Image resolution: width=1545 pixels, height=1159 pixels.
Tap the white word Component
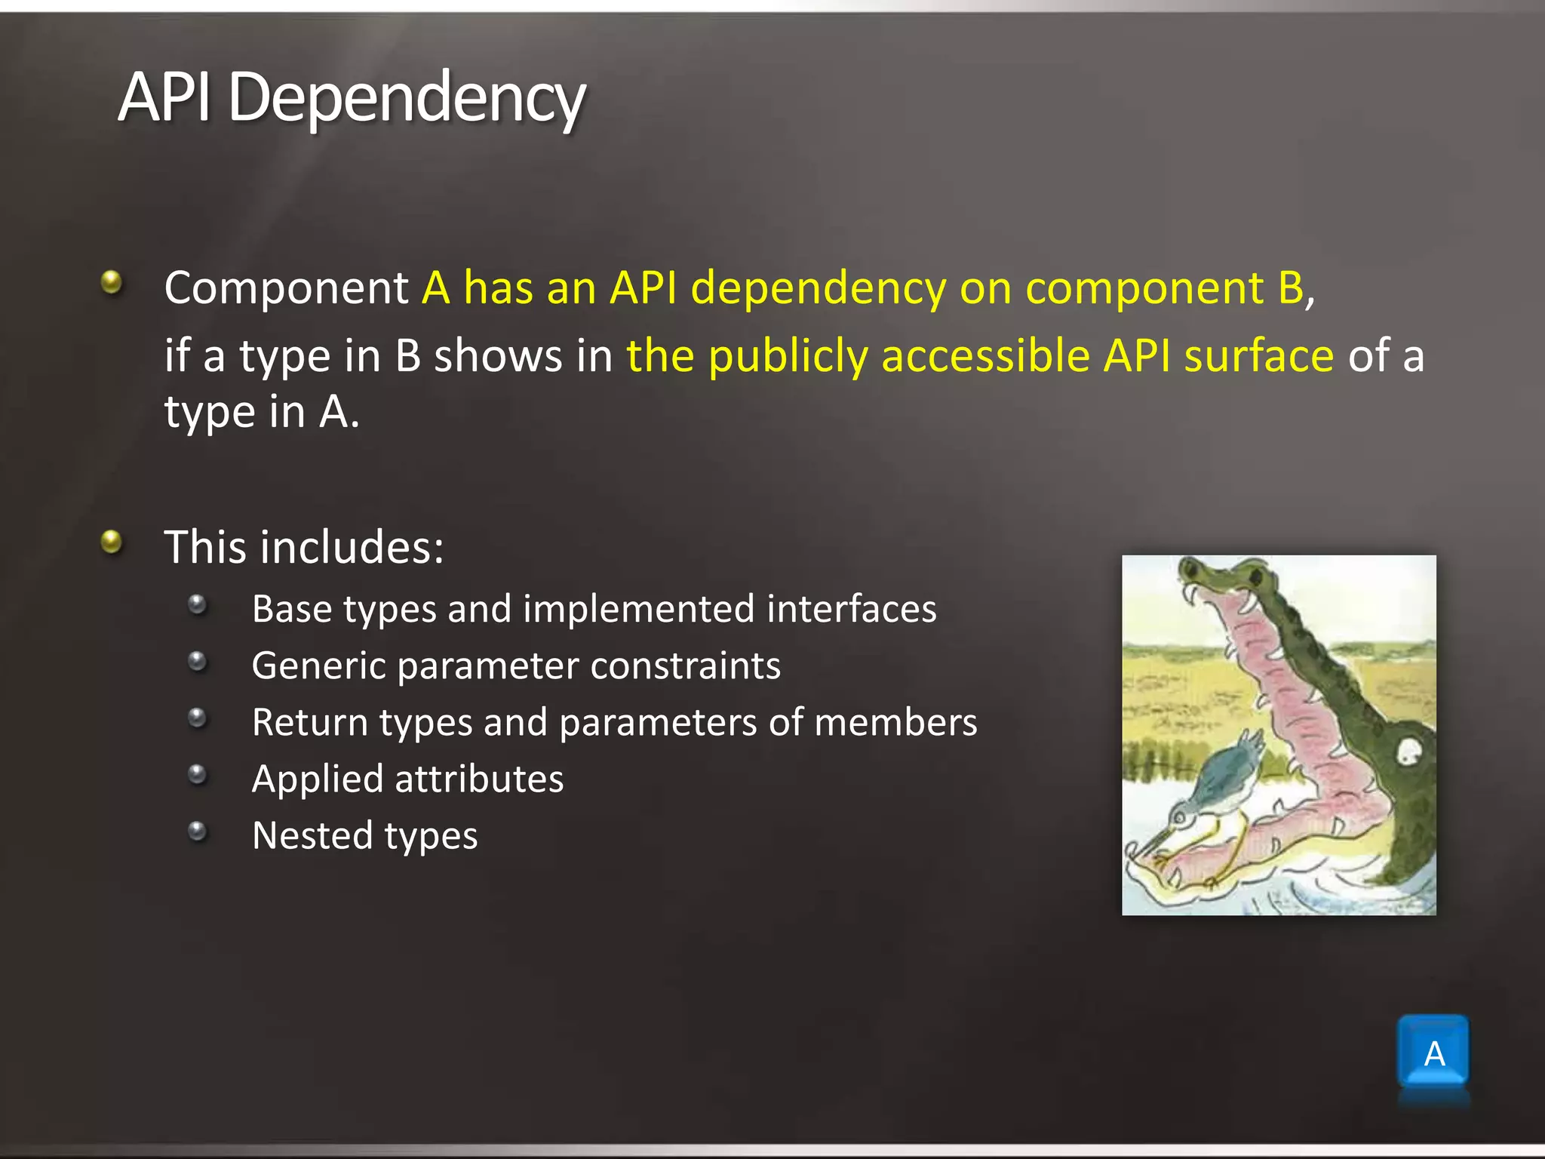[286, 288]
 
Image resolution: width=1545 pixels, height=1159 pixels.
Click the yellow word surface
[1258, 356]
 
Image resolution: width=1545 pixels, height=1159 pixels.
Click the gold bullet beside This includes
[112, 541]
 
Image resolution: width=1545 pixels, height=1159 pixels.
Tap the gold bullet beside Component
[112, 282]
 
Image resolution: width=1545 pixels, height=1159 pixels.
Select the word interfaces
[851, 609]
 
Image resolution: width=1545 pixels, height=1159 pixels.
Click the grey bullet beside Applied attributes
[198, 774]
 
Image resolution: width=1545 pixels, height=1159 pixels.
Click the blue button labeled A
[1433, 1052]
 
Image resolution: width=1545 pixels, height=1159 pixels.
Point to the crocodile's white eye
[1409, 750]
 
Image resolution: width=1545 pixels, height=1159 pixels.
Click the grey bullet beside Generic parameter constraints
[198, 662]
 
